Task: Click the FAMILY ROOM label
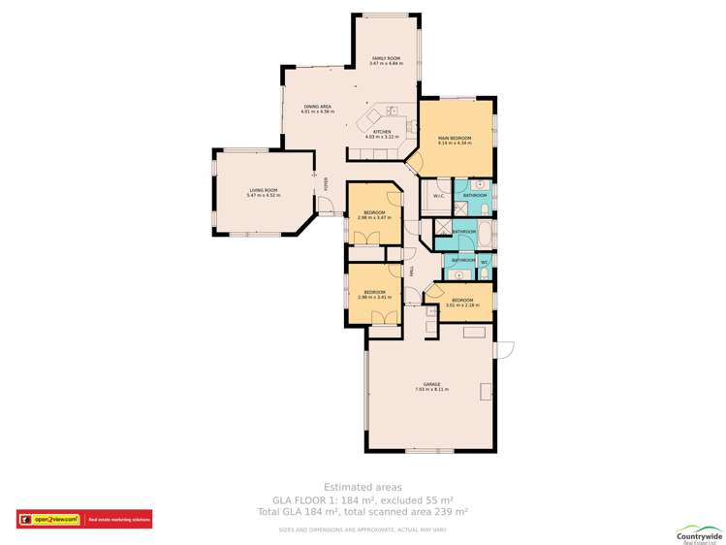(386, 58)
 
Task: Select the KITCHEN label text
(382, 131)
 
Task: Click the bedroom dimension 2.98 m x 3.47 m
(374, 218)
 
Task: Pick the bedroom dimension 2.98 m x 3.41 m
(373, 298)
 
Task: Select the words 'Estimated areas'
(363, 487)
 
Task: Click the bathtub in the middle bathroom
(484, 233)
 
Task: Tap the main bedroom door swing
(414, 163)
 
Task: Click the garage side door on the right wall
(503, 349)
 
